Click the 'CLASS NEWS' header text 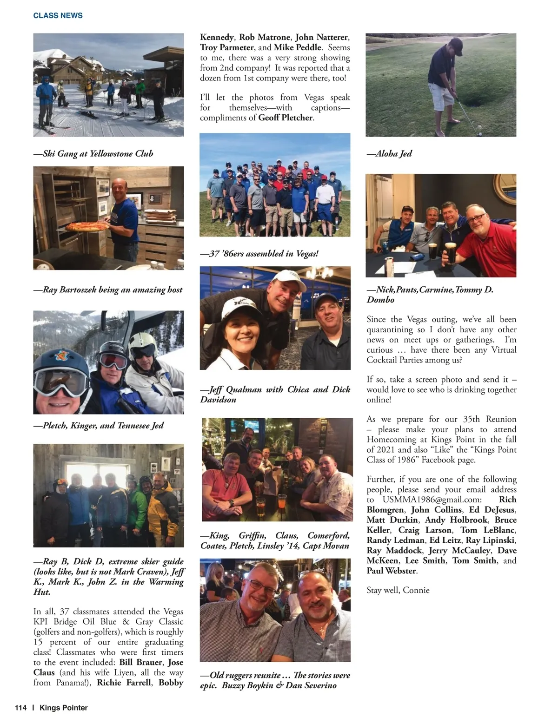point(58,15)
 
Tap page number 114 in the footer point(20,708)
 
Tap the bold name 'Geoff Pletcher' point(286,118)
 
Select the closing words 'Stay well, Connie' point(398,590)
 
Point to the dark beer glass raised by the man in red point(450,252)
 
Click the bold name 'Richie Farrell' point(124,683)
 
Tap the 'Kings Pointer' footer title point(64,708)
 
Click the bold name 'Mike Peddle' point(298,47)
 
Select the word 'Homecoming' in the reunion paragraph point(390,440)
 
